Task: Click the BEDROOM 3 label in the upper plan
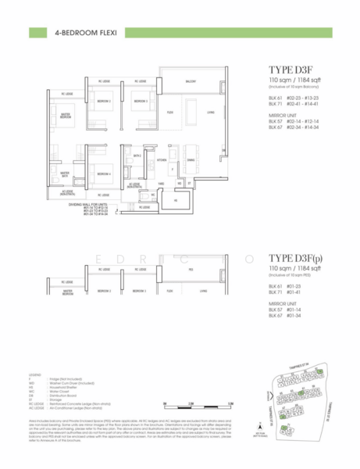140,102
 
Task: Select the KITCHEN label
162,159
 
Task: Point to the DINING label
191,159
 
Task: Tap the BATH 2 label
137,156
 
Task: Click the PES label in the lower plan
191,269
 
